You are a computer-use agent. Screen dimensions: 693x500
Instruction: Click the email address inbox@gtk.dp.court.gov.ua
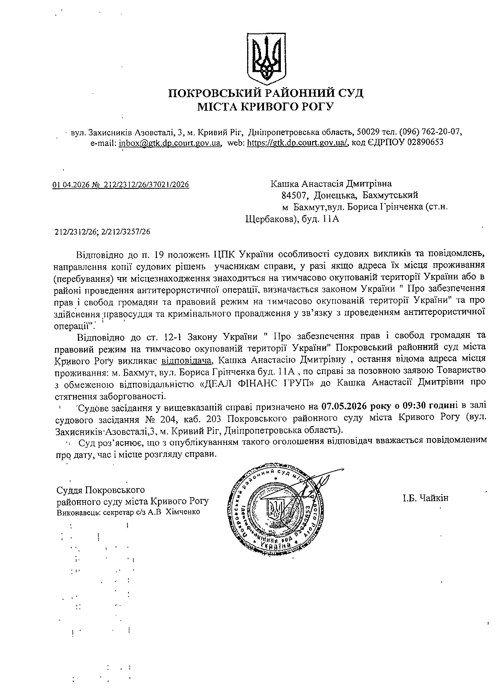[170, 142]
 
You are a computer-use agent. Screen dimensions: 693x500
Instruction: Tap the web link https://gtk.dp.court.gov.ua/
[297, 142]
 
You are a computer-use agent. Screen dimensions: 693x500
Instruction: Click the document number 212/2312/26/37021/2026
[146, 185]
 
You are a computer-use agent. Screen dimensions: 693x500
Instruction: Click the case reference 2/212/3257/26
[126, 232]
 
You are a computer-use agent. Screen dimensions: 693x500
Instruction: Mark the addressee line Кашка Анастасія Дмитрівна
[331, 184]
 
